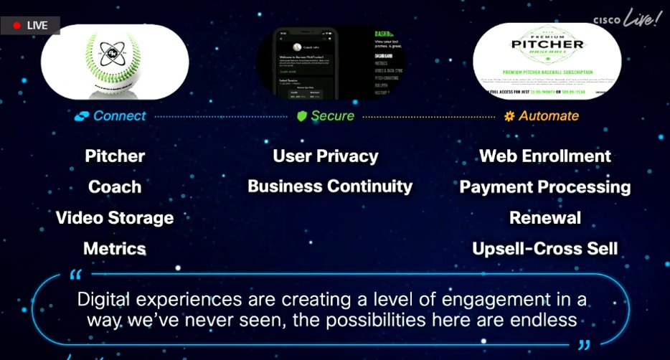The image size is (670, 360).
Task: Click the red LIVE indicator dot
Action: pyautogui.click(x=16, y=25)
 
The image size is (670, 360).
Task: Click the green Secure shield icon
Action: pyautogui.click(x=302, y=116)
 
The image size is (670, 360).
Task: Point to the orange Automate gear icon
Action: pyautogui.click(x=509, y=116)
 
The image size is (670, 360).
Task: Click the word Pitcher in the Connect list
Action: pyautogui.click(x=115, y=156)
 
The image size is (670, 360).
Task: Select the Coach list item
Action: pyautogui.click(x=115, y=186)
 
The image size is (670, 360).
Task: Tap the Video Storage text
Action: pyautogui.click(x=115, y=217)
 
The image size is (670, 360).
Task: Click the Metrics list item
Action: pyautogui.click(x=115, y=248)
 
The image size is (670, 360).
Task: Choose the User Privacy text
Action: pyautogui.click(x=326, y=156)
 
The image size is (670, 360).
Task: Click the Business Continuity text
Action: pyautogui.click(x=330, y=186)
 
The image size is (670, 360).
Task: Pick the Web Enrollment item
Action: pyautogui.click(x=545, y=156)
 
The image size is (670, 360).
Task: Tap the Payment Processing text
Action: pyautogui.click(x=545, y=186)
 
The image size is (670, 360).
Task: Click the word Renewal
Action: pyautogui.click(x=545, y=217)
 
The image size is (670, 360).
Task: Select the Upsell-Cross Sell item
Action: pyautogui.click(x=545, y=248)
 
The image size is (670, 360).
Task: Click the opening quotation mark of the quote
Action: pyautogui.click(x=77, y=275)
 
